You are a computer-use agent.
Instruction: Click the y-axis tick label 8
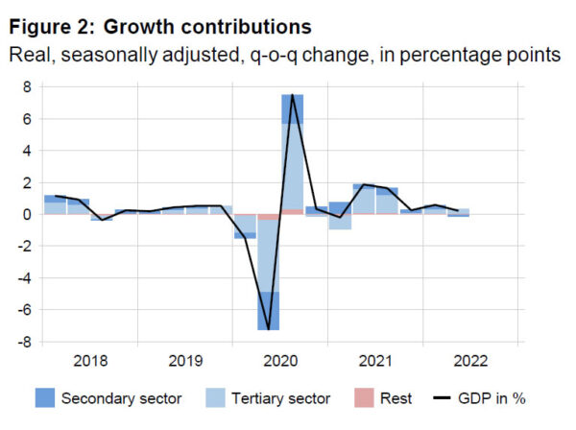point(28,87)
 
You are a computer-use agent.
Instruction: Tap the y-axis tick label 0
point(28,215)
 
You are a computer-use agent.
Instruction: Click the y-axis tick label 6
point(28,119)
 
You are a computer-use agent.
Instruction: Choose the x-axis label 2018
point(90,362)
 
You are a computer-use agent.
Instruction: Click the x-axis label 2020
point(280,362)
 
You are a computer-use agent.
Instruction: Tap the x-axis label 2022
point(470,362)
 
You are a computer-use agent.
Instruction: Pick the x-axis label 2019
point(185,362)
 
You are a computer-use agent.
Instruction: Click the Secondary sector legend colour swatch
point(40,398)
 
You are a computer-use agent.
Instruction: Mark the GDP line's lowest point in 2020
point(269,327)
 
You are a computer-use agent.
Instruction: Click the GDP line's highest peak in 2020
point(292,95)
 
